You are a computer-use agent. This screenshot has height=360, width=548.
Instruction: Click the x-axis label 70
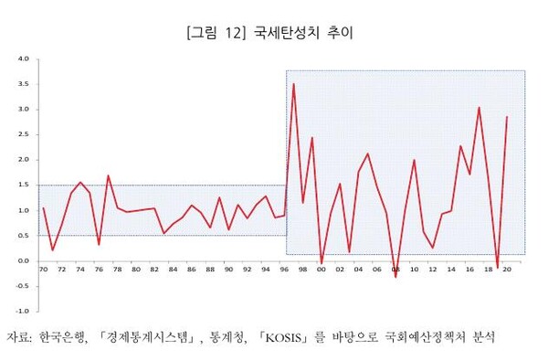coord(43,269)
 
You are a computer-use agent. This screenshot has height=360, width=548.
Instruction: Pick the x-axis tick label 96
coord(284,269)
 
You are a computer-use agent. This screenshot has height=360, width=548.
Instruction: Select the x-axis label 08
coord(395,270)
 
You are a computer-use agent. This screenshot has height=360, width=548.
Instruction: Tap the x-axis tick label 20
coord(507,269)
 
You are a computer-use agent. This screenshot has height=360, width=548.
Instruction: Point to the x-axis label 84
coord(173,269)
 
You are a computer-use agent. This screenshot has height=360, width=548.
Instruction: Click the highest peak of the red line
coord(293,84)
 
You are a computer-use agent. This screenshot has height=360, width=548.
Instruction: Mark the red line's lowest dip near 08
coord(395,276)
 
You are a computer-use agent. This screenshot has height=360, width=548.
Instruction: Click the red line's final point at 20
coord(507,116)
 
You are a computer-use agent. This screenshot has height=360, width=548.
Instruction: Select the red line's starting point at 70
coord(43,208)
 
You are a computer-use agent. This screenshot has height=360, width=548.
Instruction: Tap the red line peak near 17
coord(479,107)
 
